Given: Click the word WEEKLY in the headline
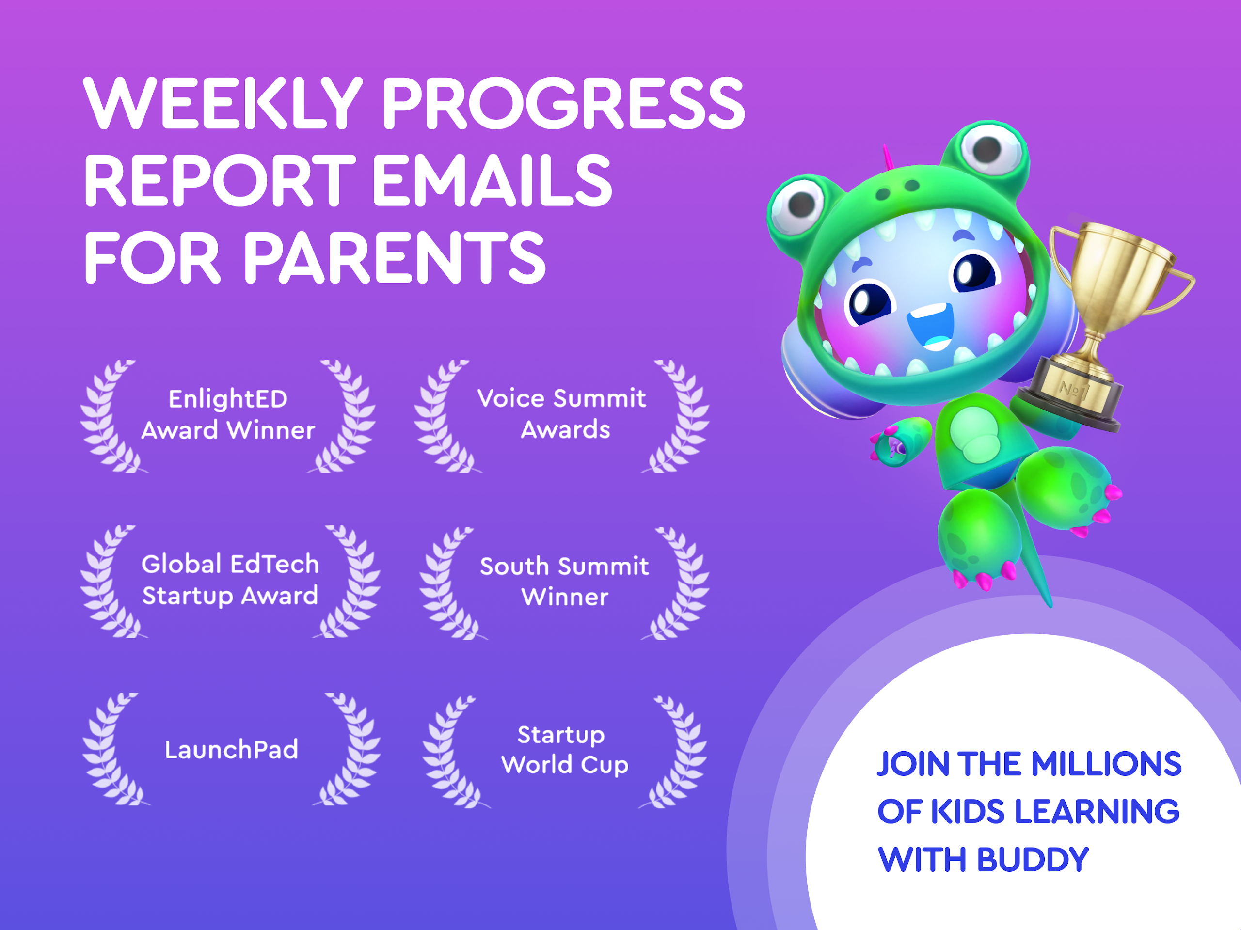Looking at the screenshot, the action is (x=223, y=103).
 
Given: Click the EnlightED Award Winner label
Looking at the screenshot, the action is (x=228, y=414).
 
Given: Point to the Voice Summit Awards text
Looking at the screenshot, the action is (x=562, y=414).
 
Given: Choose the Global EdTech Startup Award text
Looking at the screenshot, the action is (x=230, y=580).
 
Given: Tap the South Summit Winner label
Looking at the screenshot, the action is (x=565, y=581).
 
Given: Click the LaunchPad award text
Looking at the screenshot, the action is (x=231, y=749).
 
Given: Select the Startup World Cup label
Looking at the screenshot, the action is (x=564, y=750).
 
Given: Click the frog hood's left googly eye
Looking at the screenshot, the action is (x=798, y=206).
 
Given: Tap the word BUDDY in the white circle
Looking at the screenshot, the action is (x=1033, y=859).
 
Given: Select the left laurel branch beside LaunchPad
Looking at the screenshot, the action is (x=114, y=749).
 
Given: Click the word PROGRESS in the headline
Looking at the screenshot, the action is (x=564, y=103).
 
